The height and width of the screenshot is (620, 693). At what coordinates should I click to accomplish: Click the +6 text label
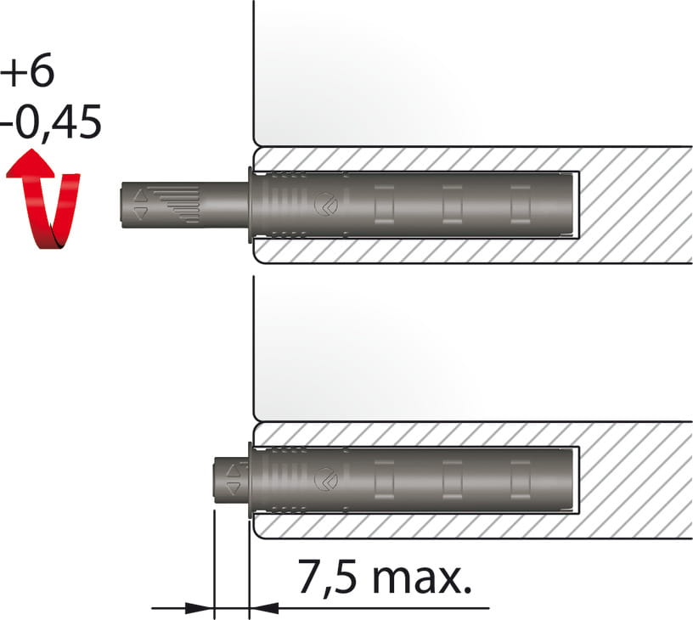(x=27, y=70)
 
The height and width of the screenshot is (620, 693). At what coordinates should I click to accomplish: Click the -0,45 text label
(x=51, y=122)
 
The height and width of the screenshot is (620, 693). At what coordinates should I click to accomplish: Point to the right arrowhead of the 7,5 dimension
(x=264, y=608)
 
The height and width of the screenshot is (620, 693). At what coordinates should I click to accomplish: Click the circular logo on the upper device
(x=326, y=204)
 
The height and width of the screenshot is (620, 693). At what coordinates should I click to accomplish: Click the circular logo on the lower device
(x=326, y=479)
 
